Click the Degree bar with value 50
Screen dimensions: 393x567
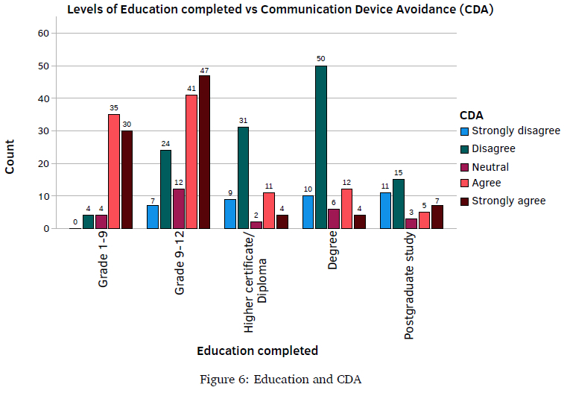pos(320,147)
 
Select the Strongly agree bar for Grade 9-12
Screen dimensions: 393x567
pos(204,152)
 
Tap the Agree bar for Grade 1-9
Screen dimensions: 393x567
pos(114,172)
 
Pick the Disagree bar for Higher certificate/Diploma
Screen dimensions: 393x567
pos(244,178)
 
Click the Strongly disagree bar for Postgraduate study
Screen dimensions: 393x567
pos(385,211)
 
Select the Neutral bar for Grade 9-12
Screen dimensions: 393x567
pos(178,209)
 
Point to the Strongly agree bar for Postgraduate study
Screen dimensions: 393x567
pos(437,217)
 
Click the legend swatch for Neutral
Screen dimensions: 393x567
pos(464,166)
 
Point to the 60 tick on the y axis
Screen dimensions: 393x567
pos(42,34)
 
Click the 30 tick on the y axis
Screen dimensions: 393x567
pos(42,131)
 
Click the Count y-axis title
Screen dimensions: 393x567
pos(10,156)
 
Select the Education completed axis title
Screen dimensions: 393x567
pos(257,350)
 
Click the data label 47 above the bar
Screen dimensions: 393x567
pos(204,70)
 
